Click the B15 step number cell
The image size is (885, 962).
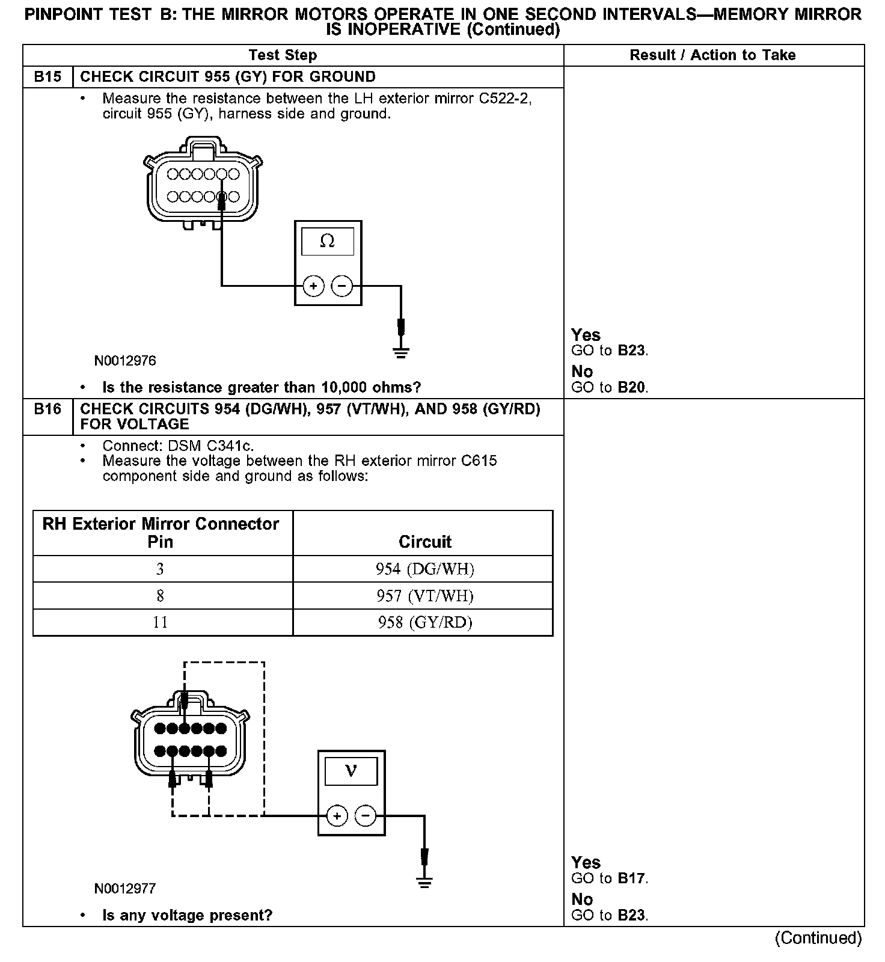[47, 77]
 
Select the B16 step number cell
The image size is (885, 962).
[47, 409]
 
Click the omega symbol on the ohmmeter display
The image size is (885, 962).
[328, 241]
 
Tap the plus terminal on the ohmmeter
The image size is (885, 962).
[313, 286]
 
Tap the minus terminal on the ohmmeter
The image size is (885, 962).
[342, 286]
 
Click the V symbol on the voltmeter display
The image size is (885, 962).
[351, 771]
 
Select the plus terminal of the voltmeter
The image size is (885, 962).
[337, 816]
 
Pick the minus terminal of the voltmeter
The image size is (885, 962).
[366, 816]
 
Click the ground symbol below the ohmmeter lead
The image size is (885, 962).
[401, 352]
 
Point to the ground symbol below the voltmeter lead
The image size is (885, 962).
[424, 883]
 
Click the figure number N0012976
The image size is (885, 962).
[125, 361]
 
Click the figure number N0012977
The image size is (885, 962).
[125, 889]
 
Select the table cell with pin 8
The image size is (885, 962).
[160, 596]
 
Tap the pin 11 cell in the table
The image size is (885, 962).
[160, 622]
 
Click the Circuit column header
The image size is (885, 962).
[424, 542]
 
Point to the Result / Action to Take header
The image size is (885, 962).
[712, 55]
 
